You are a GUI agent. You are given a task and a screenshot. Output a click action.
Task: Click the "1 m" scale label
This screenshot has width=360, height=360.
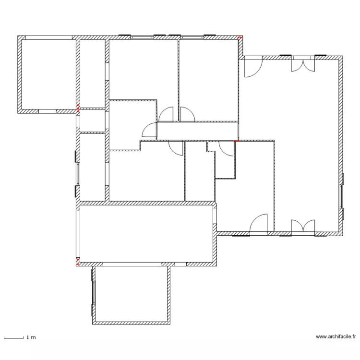point(31,337)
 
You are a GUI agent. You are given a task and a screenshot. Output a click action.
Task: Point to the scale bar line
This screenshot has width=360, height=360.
point(14,338)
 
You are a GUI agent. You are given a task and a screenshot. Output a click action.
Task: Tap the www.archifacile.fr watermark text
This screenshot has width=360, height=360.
point(336,336)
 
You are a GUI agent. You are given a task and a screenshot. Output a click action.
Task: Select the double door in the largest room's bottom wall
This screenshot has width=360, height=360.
point(303,226)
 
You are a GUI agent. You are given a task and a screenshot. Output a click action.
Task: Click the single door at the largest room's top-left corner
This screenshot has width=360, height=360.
point(253,68)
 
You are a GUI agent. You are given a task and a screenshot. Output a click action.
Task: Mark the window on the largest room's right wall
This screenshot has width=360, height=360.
point(341,196)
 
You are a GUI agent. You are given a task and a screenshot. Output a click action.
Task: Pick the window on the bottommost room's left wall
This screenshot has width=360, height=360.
point(94,292)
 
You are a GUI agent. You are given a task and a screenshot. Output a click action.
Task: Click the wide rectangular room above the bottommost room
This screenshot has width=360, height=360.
point(146,233)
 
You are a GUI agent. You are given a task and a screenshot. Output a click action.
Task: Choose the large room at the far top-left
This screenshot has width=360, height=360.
point(48,74)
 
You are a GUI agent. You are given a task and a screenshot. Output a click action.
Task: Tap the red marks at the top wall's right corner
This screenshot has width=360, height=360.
point(240,37)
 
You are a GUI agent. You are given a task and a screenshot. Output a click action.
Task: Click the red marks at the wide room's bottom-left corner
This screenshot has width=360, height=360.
point(78,262)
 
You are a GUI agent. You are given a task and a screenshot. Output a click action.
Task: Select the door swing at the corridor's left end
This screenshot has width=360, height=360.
point(149,130)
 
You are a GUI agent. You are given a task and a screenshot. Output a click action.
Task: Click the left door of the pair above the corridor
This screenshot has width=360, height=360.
point(166,114)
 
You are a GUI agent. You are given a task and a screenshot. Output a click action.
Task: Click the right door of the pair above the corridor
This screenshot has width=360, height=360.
point(188,114)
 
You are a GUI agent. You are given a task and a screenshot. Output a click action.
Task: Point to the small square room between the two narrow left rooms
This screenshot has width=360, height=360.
point(93,120)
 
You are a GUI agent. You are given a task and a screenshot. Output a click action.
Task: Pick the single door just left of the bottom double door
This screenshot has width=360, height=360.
point(259,223)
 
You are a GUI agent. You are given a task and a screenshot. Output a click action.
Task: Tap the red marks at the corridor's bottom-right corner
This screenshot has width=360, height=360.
point(237,141)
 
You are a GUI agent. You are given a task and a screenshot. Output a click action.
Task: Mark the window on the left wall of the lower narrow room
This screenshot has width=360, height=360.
point(77,174)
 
